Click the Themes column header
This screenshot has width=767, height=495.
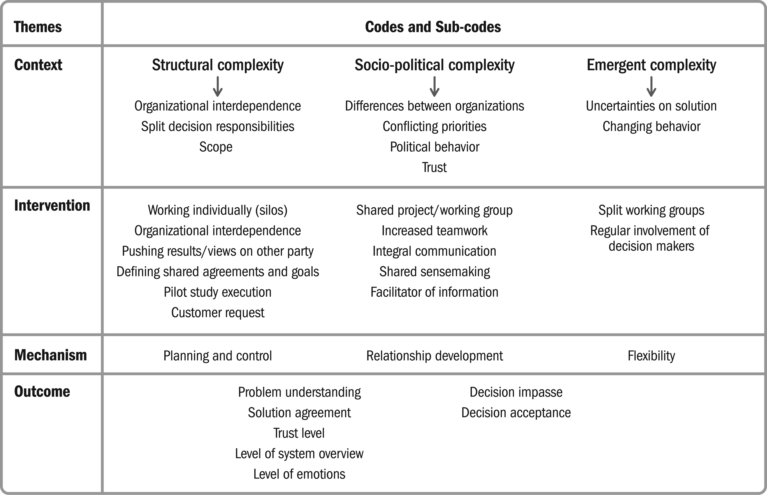click(x=38, y=27)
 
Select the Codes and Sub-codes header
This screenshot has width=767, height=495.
click(x=433, y=27)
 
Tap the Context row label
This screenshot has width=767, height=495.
click(x=38, y=65)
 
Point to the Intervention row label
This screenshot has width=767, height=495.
click(x=52, y=205)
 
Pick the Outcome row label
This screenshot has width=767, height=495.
click(x=42, y=391)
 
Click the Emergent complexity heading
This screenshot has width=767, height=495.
click(x=651, y=65)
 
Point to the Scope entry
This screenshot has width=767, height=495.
click(x=216, y=147)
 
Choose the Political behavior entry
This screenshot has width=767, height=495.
click(x=434, y=147)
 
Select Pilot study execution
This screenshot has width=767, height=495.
click(x=218, y=292)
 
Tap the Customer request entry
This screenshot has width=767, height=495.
click(x=218, y=313)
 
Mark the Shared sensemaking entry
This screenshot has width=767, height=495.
click(x=434, y=272)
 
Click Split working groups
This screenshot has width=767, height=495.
click(x=651, y=210)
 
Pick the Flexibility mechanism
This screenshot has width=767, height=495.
click(x=651, y=356)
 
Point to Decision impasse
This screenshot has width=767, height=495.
click(x=516, y=392)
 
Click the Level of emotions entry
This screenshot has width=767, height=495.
click(x=299, y=474)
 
